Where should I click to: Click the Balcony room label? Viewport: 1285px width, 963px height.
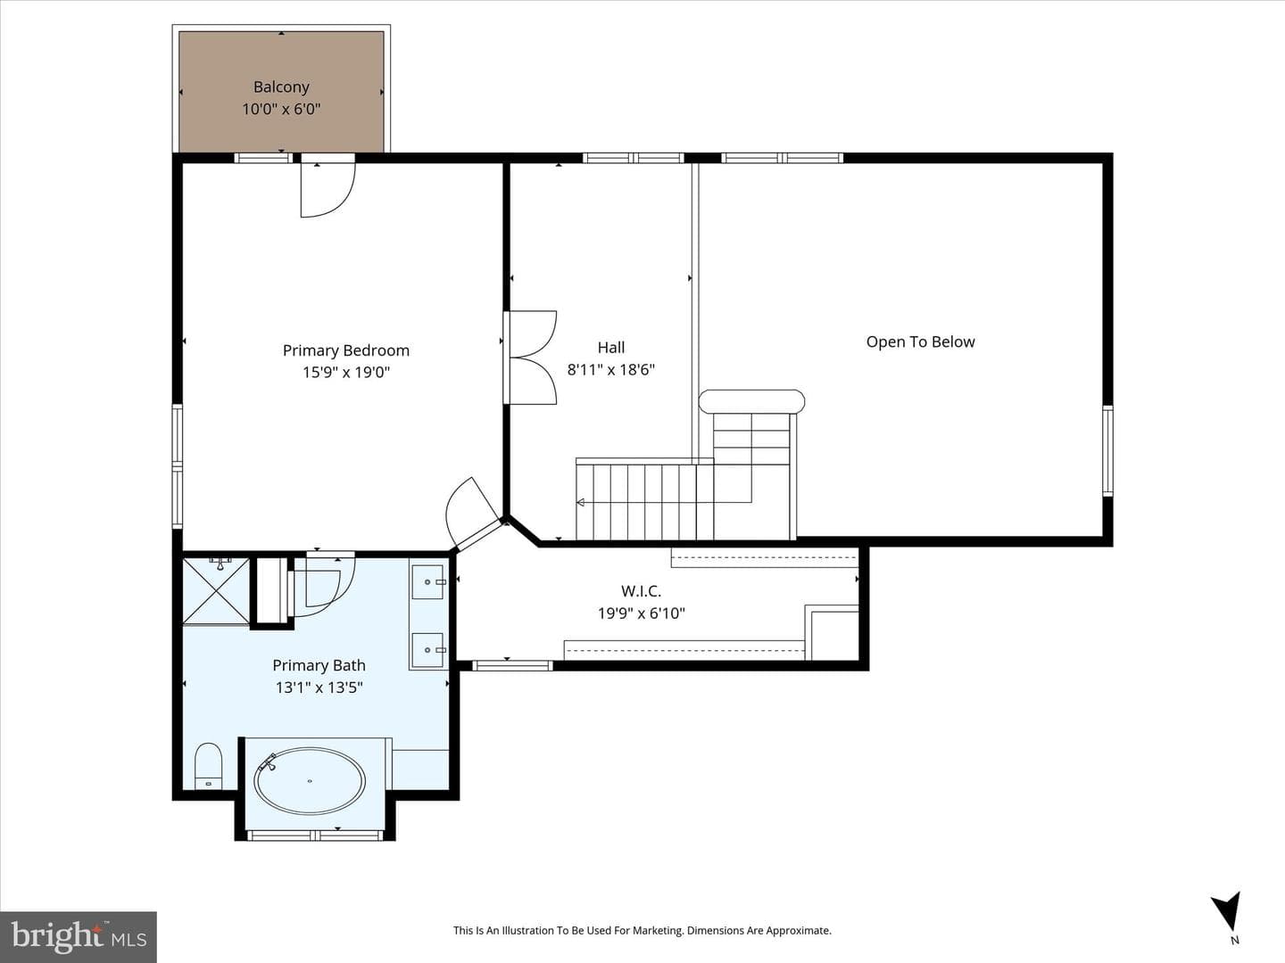pyautogui.click(x=281, y=87)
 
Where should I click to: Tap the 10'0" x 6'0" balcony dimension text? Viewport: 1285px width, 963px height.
pyautogui.click(x=281, y=110)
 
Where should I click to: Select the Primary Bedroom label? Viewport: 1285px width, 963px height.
pyautogui.click(x=346, y=350)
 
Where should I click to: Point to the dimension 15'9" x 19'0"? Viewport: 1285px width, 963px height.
pyautogui.click(x=346, y=373)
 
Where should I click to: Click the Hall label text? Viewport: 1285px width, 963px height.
pyautogui.click(x=610, y=348)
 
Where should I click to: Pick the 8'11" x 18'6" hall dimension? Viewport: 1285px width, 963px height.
pyautogui.click(x=610, y=369)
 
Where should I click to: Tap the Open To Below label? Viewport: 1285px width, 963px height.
pyautogui.click(x=920, y=342)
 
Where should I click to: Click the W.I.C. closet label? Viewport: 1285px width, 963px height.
pyautogui.click(x=641, y=591)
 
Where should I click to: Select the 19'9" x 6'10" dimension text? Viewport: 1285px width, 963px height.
pyautogui.click(x=641, y=613)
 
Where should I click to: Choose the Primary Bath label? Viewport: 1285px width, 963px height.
pyautogui.click(x=319, y=665)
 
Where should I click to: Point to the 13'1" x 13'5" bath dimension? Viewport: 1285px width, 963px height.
pyautogui.click(x=319, y=687)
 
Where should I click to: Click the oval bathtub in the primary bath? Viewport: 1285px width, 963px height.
pyautogui.click(x=310, y=780)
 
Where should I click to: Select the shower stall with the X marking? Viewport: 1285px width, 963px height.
pyautogui.click(x=216, y=592)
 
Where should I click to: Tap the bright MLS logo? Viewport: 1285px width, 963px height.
pyautogui.click(x=79, y=936)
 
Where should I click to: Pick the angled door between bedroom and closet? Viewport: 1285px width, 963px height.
pyautogui.click(x=472, y=512)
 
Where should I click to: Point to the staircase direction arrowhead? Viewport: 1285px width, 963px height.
pyautogui.click(x=581, y=502)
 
